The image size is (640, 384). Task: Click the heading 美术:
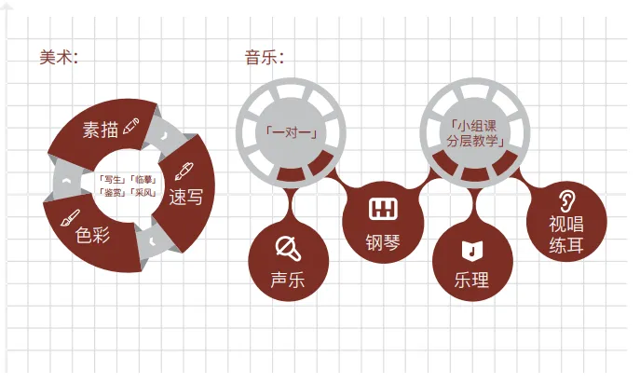(x=59, y=57)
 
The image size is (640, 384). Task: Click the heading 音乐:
(x=265, y=57)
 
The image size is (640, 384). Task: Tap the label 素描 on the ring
(x=101, y=130)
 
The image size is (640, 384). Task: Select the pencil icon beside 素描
(x=131, y=126)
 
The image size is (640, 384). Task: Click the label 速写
(x=186, y=197)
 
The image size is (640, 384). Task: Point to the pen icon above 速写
(x=184, y=171)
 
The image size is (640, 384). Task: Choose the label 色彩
(x=92, y=235)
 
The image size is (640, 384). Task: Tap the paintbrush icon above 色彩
(x=70, y=218)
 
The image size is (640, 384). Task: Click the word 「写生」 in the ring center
(x=112, y=180)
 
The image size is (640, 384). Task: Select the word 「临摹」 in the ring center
(x=143, y=180)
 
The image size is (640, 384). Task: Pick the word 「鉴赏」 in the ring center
(x=112, y=192)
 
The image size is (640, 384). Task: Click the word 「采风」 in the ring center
(x=143, y=192)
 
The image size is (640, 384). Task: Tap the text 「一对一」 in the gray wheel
(x=292, y=132)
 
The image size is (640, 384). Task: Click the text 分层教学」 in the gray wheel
(x=475, y=141)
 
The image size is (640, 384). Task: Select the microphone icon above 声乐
(x=288, y=248)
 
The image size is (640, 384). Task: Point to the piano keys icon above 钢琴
(x=383, y=209)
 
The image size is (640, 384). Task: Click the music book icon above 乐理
(x=472, y=250)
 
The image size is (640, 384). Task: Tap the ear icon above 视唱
(x=567, y=200)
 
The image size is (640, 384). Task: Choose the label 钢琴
(x=383, y=242)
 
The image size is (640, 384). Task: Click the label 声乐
(x=288, y=280)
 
